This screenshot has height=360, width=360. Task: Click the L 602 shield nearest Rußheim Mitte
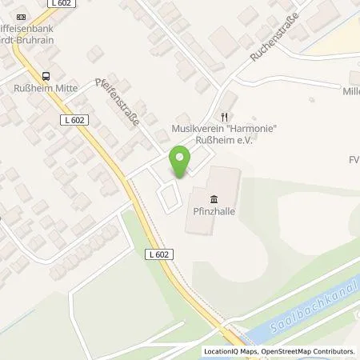70,119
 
